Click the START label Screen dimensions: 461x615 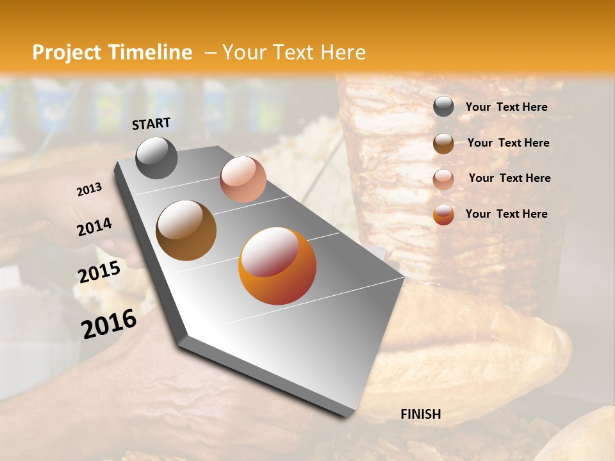click(x=151, y=124)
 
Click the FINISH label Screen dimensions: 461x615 click(x=420, y=414)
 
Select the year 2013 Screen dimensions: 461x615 click(x=89, y=190)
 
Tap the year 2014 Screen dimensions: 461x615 click(x=94, y=227)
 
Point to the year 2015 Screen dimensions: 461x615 click(x=99, y=272)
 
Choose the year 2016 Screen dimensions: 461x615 click(x=109, y=324)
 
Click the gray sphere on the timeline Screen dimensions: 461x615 click(x=156, y=158)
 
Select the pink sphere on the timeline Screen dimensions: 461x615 click(x=243, y=179)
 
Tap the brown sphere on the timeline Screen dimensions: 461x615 click(x=186, y=230)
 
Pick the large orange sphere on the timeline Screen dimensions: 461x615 click(x=277, y=266)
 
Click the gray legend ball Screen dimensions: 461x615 click(x=443, y=107)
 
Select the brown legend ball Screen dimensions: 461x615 click(x=443, y=143)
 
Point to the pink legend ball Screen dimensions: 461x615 click(x=443, y=179)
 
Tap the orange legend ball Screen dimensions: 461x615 click(x=443, y=214)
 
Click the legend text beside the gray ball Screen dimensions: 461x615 click(x=506, y=108)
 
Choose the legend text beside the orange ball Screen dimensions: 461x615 click(x=506, y=214)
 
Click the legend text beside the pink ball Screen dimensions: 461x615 click(x=509, y=178)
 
